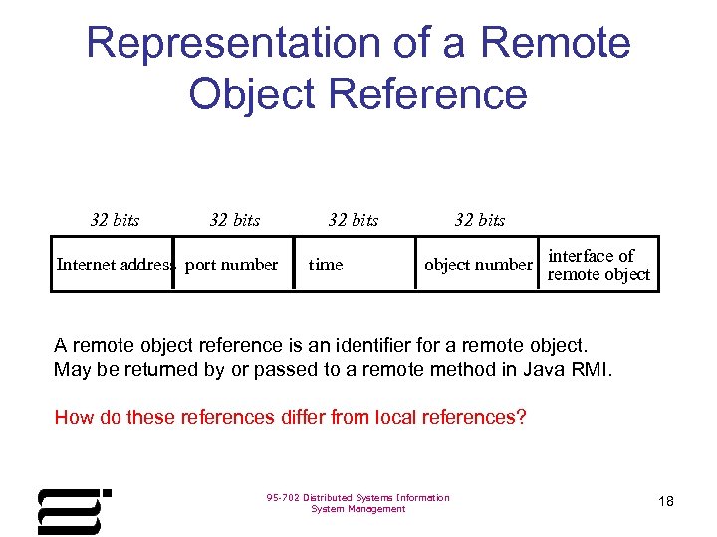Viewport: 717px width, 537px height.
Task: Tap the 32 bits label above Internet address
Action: coord(115,220)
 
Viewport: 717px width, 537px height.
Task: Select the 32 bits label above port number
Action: coord(235,220)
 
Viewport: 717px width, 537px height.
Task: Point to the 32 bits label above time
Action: coord(354,220)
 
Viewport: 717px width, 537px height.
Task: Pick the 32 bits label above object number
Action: coord(480,220)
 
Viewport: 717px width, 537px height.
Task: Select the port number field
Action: coord(232,265)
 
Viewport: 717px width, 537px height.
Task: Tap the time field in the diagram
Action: coord(326,265)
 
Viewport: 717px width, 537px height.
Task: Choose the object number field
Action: coord(478,265)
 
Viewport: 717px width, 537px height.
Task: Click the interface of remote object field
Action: coord(598,265)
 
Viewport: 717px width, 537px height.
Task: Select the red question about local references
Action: coord(290,417)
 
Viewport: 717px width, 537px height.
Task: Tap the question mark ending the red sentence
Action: coord(521,417)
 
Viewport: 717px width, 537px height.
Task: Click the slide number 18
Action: coord(666,501)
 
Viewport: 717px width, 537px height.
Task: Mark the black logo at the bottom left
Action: coord(72,510)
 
